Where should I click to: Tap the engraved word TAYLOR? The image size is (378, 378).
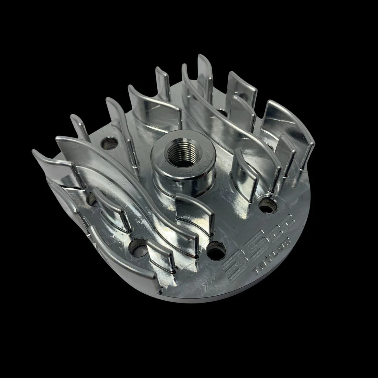pos(272,256)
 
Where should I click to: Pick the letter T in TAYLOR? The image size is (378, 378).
pos(257,271)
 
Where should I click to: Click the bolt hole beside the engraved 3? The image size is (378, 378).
pos(216,251)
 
